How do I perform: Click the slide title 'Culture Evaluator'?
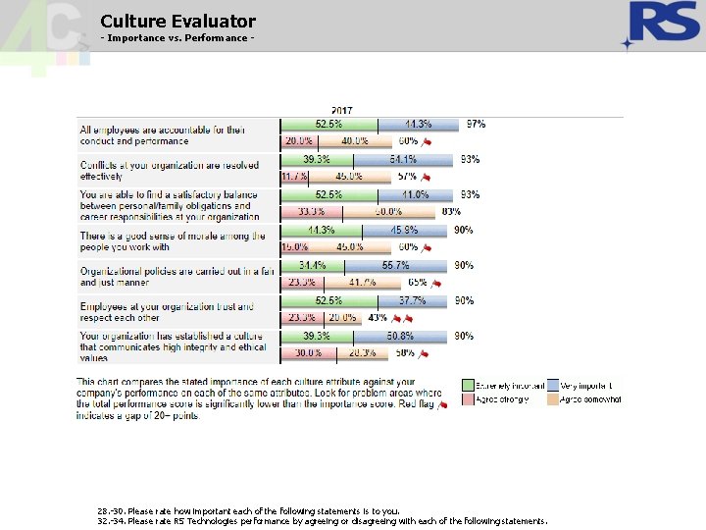pyautogui.click(x=177, y=21)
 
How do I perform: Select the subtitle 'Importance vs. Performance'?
pyautogui.click(x=177, y=38)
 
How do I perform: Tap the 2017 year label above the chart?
pyautogui.click(x=342, y=111)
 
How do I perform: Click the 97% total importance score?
pyautogui.click(x=476, y=125)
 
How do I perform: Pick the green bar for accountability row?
pyautogui.click(x=328, y=125)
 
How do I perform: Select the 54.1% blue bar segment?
pyautogui.click(x=403, y=159)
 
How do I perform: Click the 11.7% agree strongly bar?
pyautogui.click(x=294, y=177)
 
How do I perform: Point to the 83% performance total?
pyautogui.click(x=451, y=212)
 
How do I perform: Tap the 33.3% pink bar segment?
pyautogui.click(x=311, y=212)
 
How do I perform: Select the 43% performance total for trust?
pyautogui.click(x=378, y=318)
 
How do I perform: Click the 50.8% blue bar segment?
pyautogui.click(x=403, y=336)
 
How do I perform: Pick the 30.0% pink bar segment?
pyautogui.click(x=308, y=353)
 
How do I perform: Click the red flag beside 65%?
pyautogui.click(x=437, y=283)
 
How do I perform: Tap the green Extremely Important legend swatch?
pyautogui.click(x=469, y=386)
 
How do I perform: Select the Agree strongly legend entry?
pyautogui.click(x=502, y=399)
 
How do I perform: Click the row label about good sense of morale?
pyautogui.click(x=173, y=241)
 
